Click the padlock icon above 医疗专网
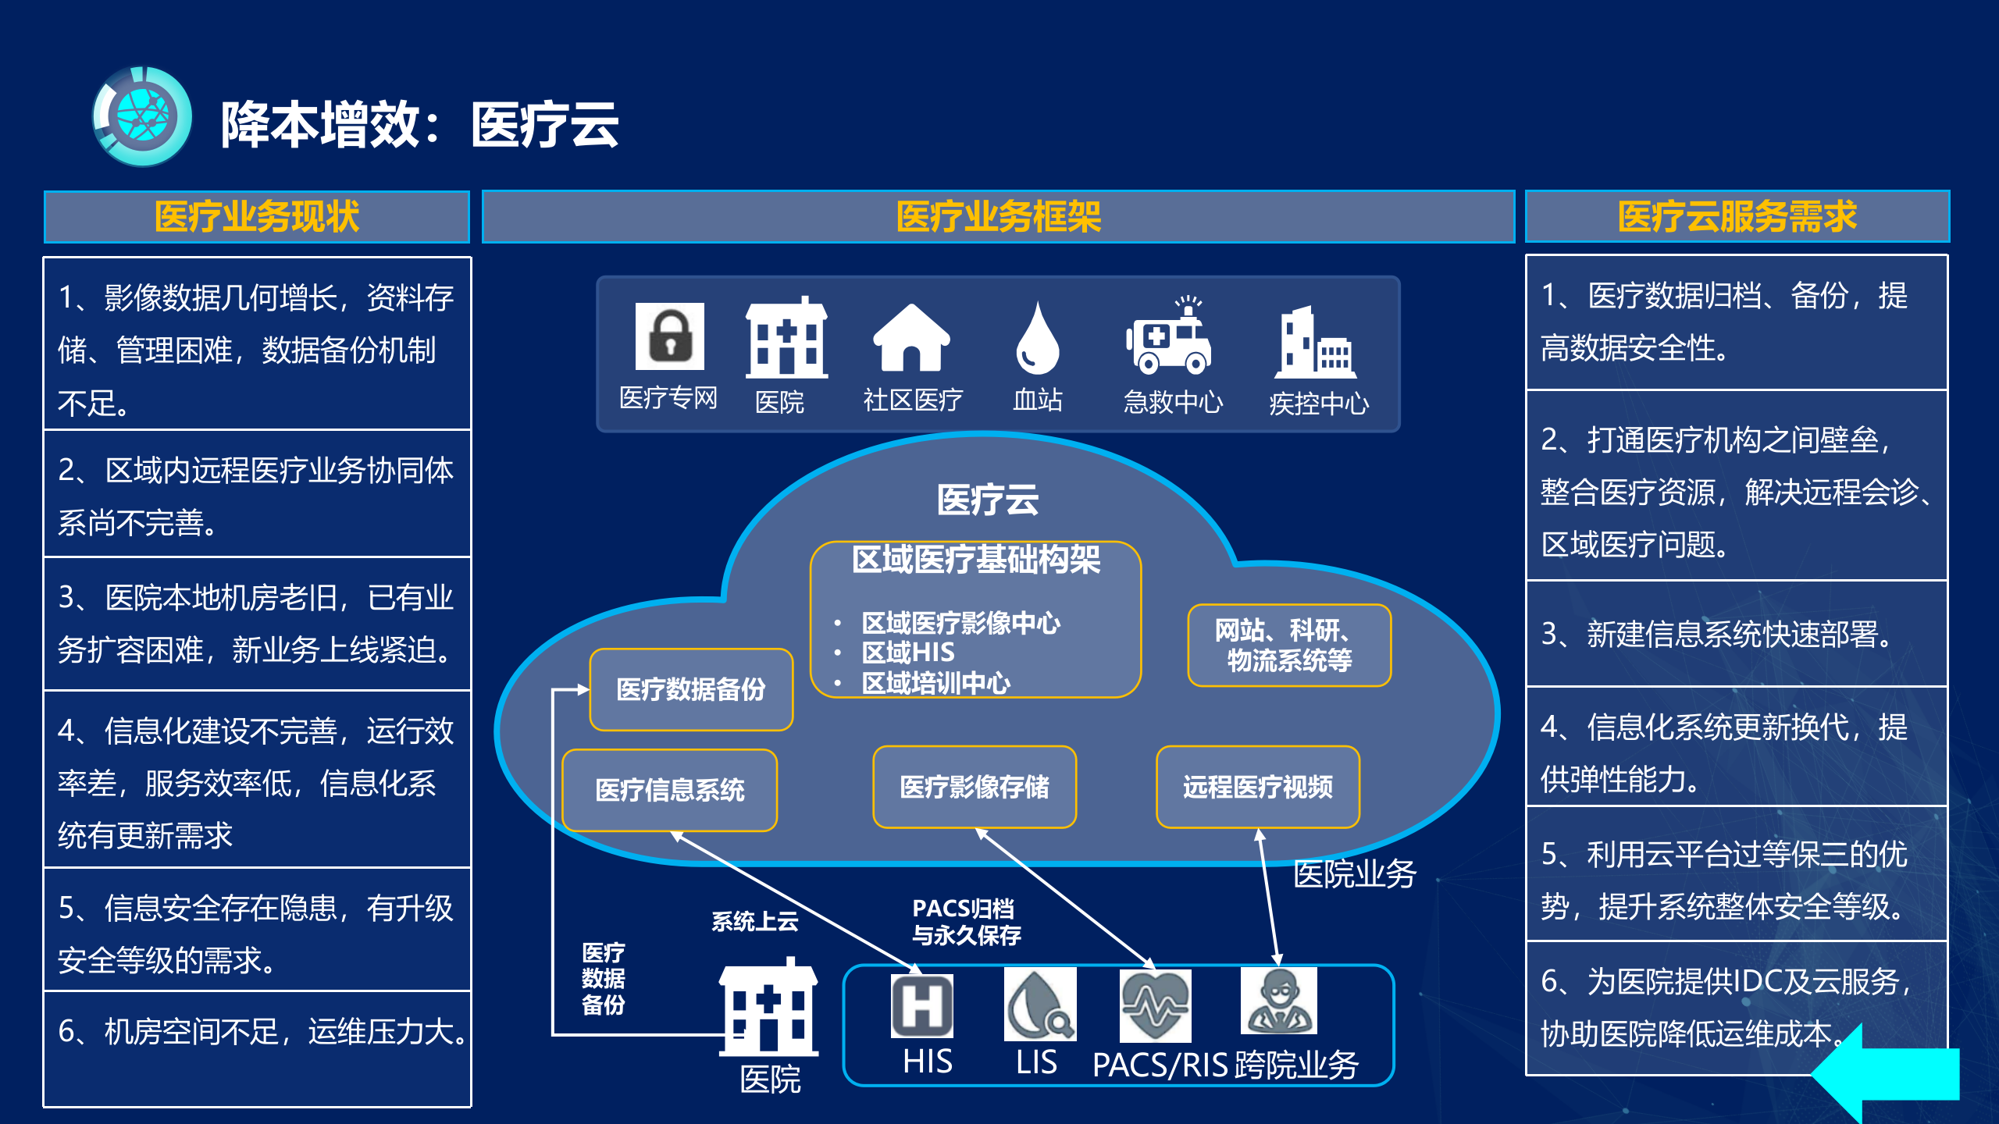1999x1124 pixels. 669,336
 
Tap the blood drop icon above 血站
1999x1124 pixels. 1037,340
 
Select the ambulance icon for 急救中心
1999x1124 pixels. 1168,337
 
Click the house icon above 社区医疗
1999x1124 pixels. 910,338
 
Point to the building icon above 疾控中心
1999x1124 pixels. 1316,343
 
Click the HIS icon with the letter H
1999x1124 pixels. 921,1006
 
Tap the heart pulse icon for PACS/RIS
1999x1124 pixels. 1155,1005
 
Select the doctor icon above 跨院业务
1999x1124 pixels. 1278,1001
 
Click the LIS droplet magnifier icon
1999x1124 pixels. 1039,1005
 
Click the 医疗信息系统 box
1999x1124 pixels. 669,790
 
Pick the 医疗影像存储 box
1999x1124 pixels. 974,787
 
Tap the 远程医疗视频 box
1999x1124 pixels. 1257,787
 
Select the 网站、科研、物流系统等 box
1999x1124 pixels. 1288,646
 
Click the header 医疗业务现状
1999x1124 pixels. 257,217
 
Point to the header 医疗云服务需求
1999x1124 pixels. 1737,217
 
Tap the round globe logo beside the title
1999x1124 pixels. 142,117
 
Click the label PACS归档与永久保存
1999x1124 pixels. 966,922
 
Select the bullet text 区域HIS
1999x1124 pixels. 908,653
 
